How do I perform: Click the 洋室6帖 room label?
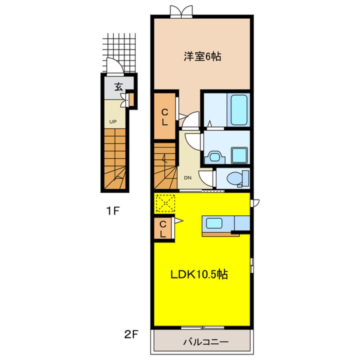coord(202,57)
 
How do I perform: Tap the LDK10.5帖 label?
coord(199,274)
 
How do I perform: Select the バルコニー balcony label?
coord(206,342)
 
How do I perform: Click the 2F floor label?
coord(131,335)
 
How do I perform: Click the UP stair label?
coord(113,122)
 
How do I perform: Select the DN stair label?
coord(188,178)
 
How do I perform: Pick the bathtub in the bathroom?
coord(239,110)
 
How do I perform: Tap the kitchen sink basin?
coord(214,223)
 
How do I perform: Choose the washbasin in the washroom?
coord(215,157)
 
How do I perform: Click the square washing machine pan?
coord(240,155)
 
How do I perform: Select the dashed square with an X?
coord(165,203)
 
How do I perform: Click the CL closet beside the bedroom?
coord(165,117)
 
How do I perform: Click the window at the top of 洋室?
coord(181,11)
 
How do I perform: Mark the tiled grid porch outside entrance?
coord(119,53)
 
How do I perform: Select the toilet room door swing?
coord(206,179)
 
